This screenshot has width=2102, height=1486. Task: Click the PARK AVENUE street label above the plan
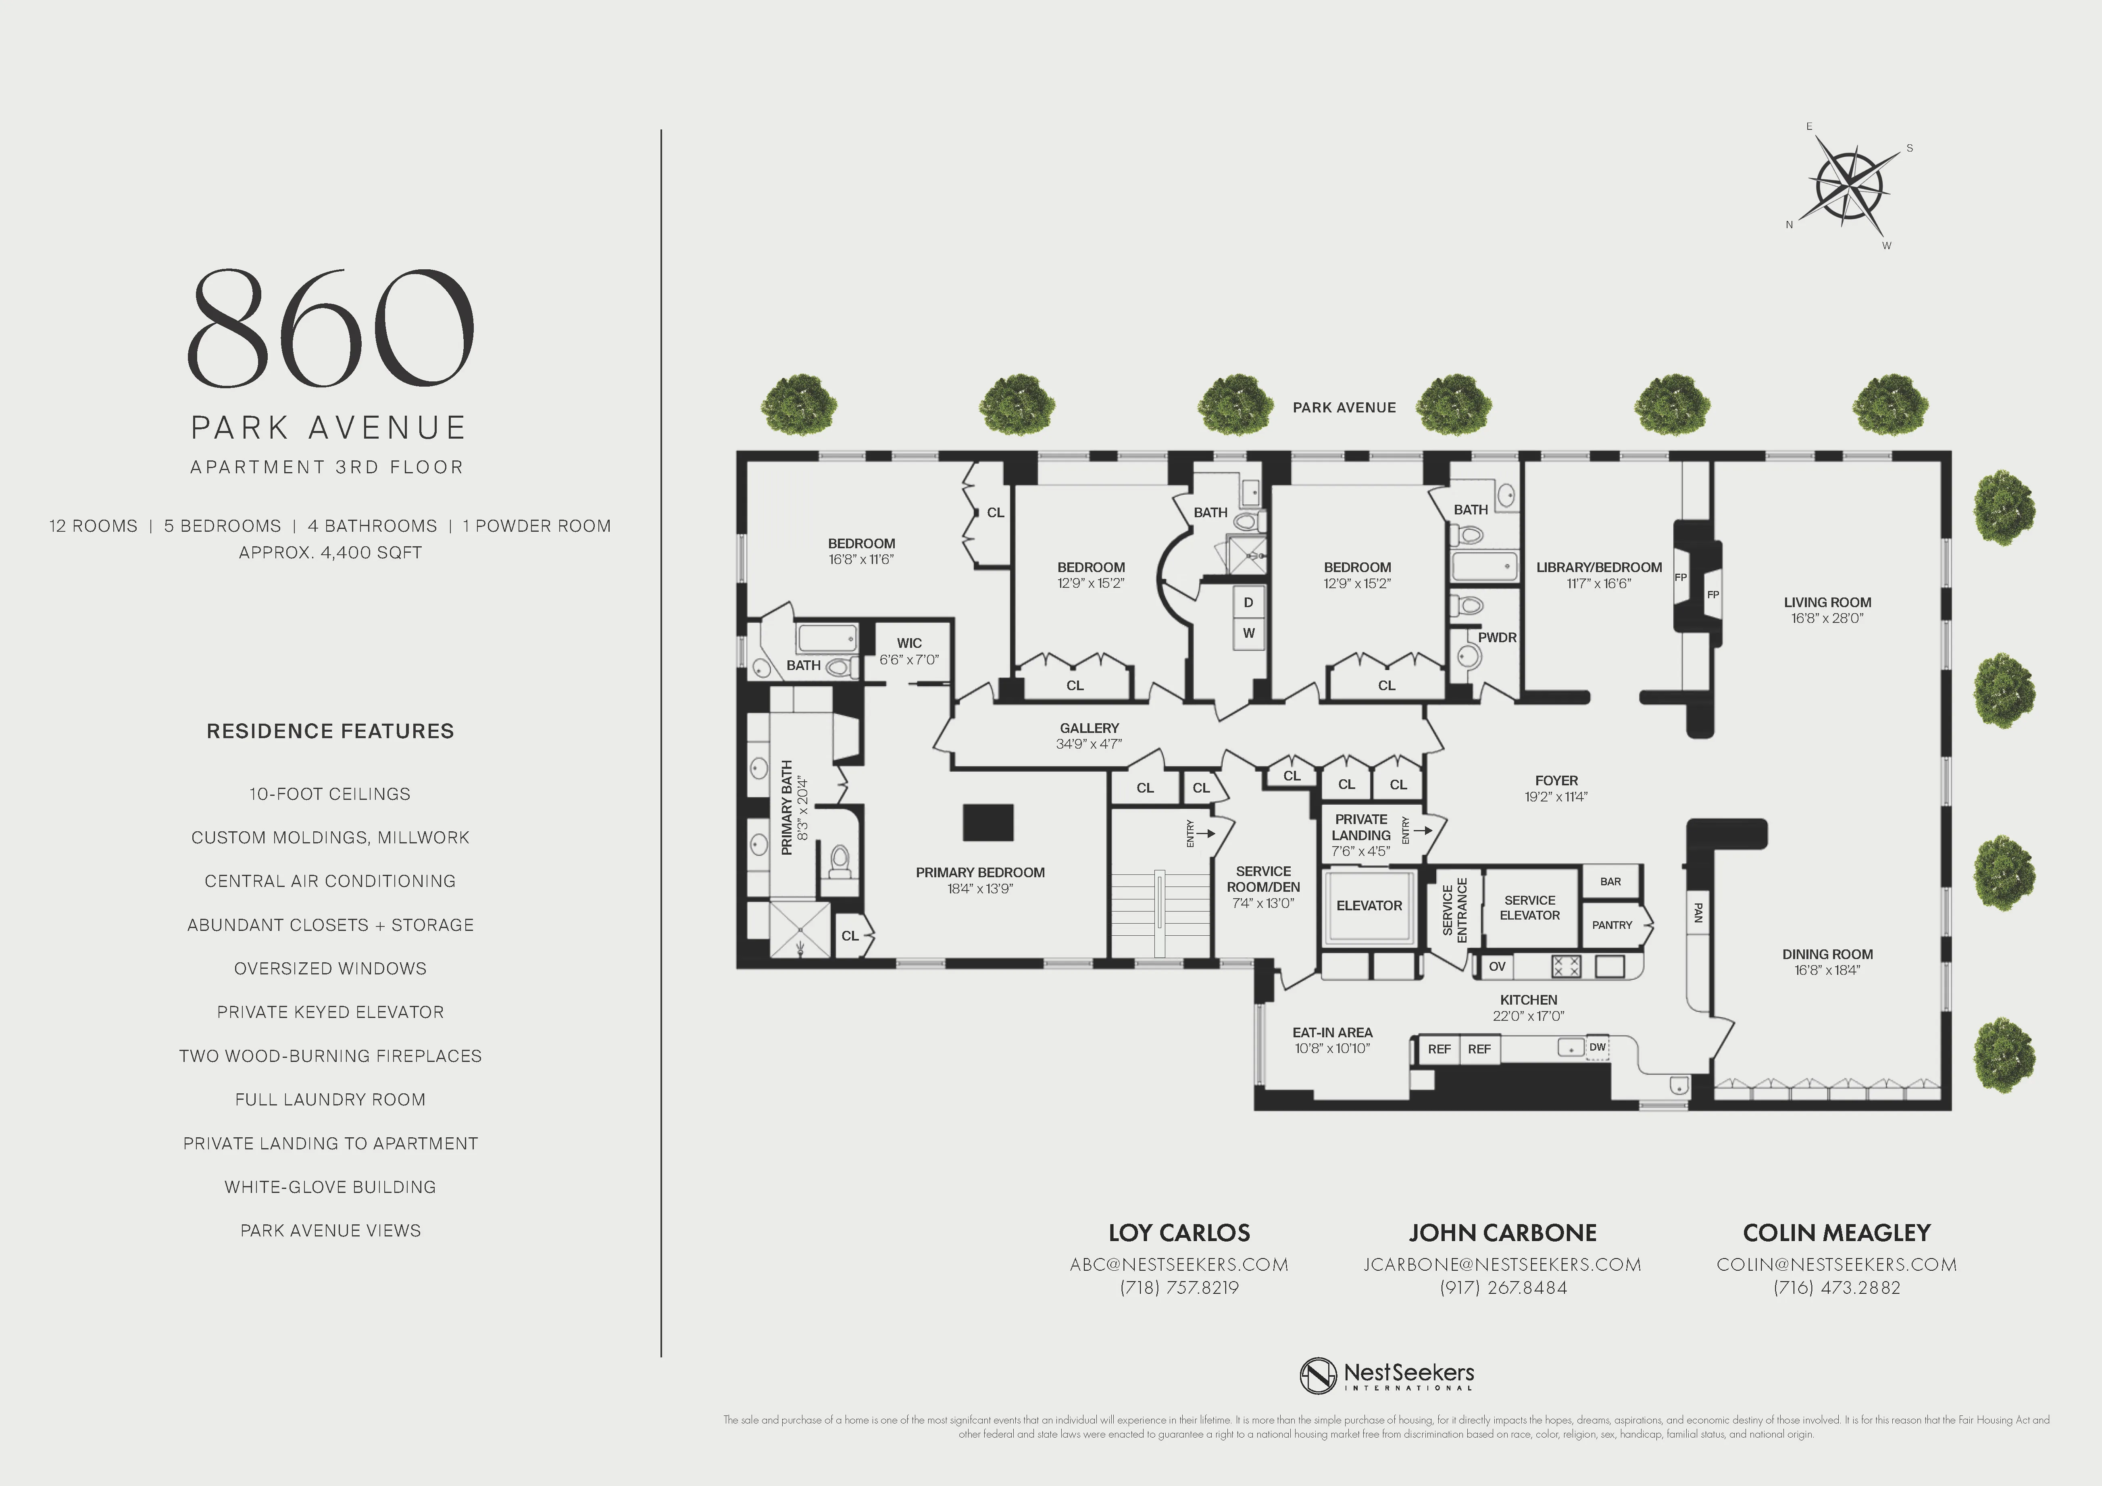(x=1344, y=408)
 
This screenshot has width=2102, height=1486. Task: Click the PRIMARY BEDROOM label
(x=979, y=872)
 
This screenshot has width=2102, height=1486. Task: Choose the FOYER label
(x=1556, y=781)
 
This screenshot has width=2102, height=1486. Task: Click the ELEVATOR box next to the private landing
(x=1369, y=905)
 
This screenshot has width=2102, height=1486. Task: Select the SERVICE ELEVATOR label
(x=1529, y=907)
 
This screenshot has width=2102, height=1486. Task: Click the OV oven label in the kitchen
(x=1497, y=966)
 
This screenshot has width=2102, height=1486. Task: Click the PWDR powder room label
(x=1497, y=637)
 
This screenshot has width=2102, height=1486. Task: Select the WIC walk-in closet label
(x=909, y=643)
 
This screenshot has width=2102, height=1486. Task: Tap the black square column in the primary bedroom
(x=988, y=822)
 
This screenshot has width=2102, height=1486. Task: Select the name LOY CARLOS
(x=1179, y=1233)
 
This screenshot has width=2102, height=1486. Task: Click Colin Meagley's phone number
(x=1837, y=1287)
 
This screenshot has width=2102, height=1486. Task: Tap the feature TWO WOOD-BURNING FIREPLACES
(x=331, y=1056)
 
